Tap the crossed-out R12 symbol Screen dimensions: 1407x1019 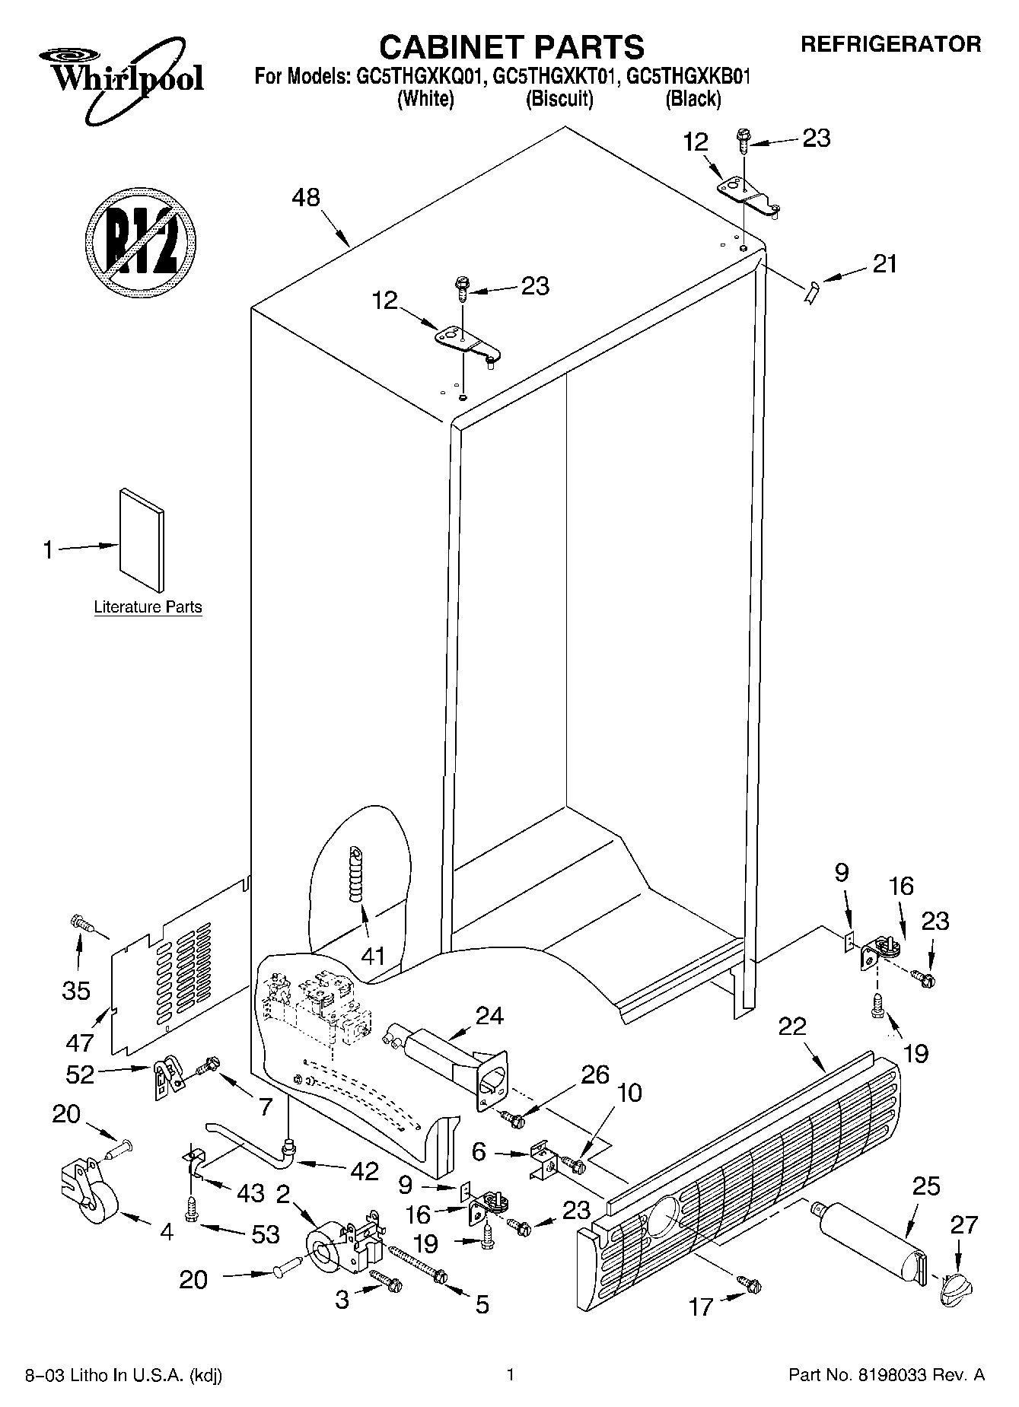pos(140,240)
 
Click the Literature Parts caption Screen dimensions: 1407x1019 pos(148,607)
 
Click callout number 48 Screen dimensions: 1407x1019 pos(307,198)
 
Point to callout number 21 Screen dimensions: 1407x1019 pos(885,264)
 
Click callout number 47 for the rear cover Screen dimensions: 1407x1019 pos(81,1043)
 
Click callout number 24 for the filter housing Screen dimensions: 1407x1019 pos(489,1015)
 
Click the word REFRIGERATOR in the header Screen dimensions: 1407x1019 pos(890,44)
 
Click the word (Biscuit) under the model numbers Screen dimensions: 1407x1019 pos(559,99)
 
